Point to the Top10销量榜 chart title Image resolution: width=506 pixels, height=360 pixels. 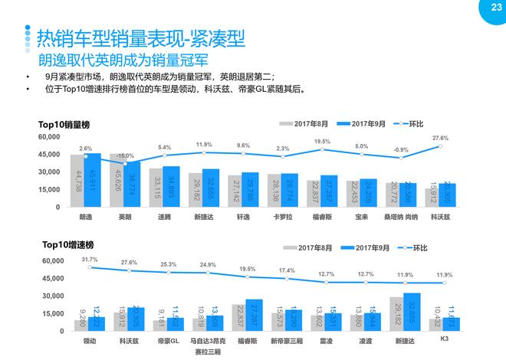tap(67, 124)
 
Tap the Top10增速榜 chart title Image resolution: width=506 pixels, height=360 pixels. tap(67, 244)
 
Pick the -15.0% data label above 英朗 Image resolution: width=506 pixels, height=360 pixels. tap(125, 155)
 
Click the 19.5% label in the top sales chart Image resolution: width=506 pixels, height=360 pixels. tap(322, 142)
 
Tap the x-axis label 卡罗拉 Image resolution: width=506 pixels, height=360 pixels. tap(283, 218)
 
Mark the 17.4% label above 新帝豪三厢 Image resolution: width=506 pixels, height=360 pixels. tap(286, 271)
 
